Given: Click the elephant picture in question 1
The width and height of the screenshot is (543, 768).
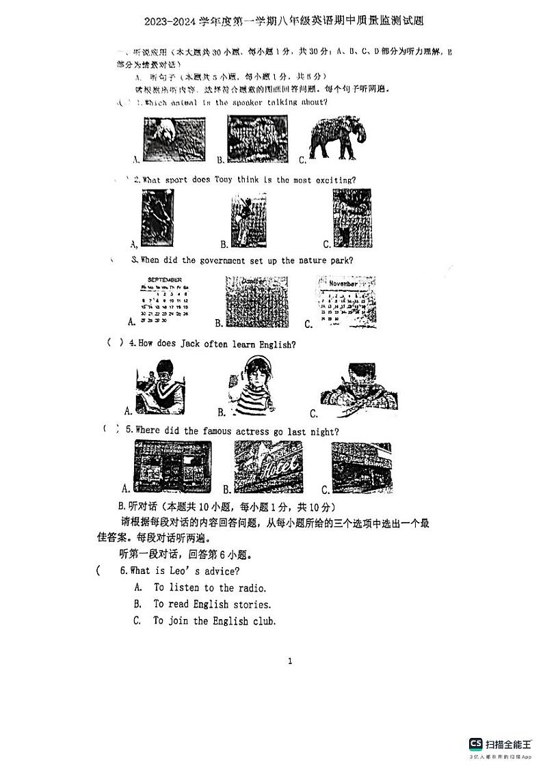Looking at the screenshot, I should (333, 138).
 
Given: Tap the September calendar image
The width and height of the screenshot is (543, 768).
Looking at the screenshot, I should (164, 301).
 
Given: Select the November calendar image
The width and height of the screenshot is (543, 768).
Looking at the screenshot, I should (346, 301).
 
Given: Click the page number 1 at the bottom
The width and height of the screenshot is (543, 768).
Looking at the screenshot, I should (290, 661).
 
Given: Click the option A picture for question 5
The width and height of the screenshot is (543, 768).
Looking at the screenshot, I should (173, 467).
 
